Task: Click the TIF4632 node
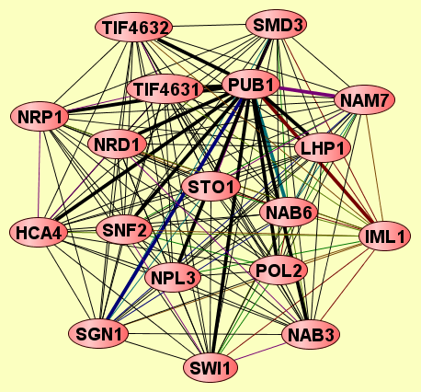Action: pos(133,28)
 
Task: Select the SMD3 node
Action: pos(277,25)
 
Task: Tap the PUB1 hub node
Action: pos(251,85)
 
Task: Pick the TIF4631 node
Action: pos(165,89)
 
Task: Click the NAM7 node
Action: pos(365,99)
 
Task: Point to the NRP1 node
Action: pos(40,117)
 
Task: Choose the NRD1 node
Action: pos(117,144)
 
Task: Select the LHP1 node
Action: pos(323,148)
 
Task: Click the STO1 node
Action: pos(210,187)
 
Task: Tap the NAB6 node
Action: pos(288,213)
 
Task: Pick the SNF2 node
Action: pos(124,230)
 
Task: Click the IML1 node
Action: pos(384,236)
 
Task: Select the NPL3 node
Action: pos(173,278)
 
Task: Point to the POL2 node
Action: pos(279,271)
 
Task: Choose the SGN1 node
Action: pos(98,333)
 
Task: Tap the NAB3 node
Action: pos(311,334)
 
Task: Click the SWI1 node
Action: pos(210,368)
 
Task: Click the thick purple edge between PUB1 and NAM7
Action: pos(307,92)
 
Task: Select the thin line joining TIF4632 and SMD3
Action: pos(210,26)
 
